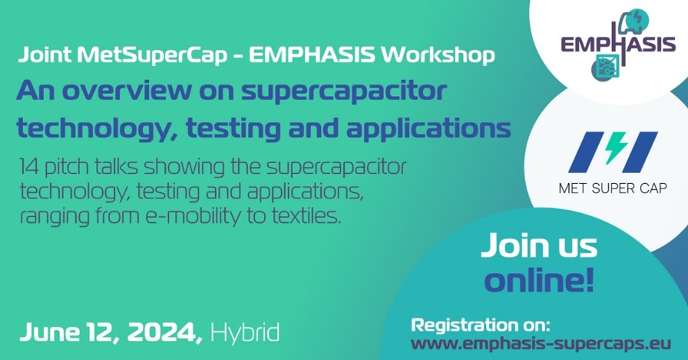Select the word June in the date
pyautogui.click(x=46, y=333)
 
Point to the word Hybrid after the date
pyautogui.click(x=245, y=333)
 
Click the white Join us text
pyautogui.click(x=539, y=246)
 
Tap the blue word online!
pyautogui.click(x=539, y=280)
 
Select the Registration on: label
pyautogui.click(x=480, y=325)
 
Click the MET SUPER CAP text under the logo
pyautogui.click(x=613, y=189)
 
